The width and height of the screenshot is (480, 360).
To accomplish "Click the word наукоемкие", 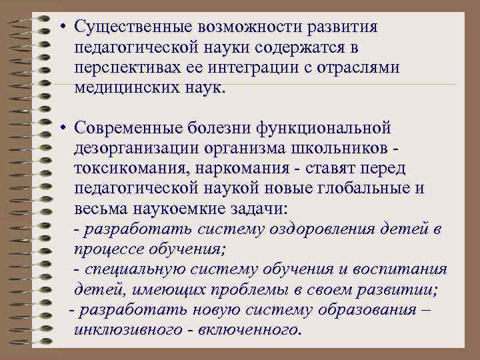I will click(x=180, y=208).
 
